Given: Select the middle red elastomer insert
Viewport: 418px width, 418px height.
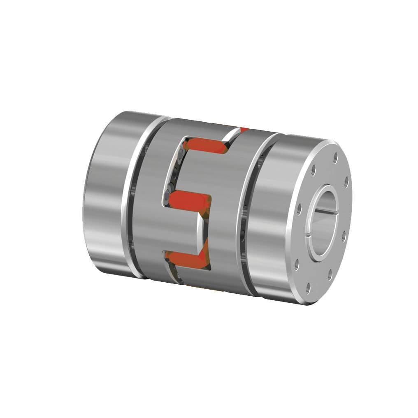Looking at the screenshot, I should point(189,200).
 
